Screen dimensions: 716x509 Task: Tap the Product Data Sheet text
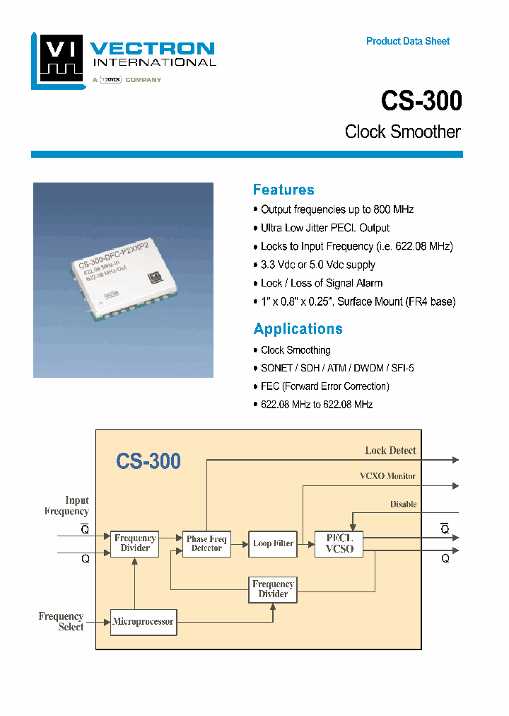(x=408, y=41)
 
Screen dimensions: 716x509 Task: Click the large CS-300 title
(x=421, y=100)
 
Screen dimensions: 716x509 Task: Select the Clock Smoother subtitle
(x=402, y=132)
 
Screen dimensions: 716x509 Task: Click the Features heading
(x=283, y=190)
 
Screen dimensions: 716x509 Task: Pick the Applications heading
(x=298, y=328)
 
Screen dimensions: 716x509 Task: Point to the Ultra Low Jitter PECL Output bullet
(x=325, y=228)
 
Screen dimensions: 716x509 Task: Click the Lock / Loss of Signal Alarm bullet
(x=322, y=283)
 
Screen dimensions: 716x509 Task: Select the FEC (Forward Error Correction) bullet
(x=325, y=386)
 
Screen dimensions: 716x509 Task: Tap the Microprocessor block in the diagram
(x=143, y=622)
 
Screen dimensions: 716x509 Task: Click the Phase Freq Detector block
(x=206, y=543)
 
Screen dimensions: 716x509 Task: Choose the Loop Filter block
(x=273, y=543)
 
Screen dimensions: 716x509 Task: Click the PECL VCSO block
(x=339, y=543)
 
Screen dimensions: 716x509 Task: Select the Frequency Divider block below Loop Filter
(x=273, y=589)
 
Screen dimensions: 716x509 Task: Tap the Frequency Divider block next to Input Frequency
(x=135, y=543)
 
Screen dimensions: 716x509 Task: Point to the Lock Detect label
(x=390, y=450)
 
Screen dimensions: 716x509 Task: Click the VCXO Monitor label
(x=387, y=476)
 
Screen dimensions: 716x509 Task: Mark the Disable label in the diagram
(x=403, y=504)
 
